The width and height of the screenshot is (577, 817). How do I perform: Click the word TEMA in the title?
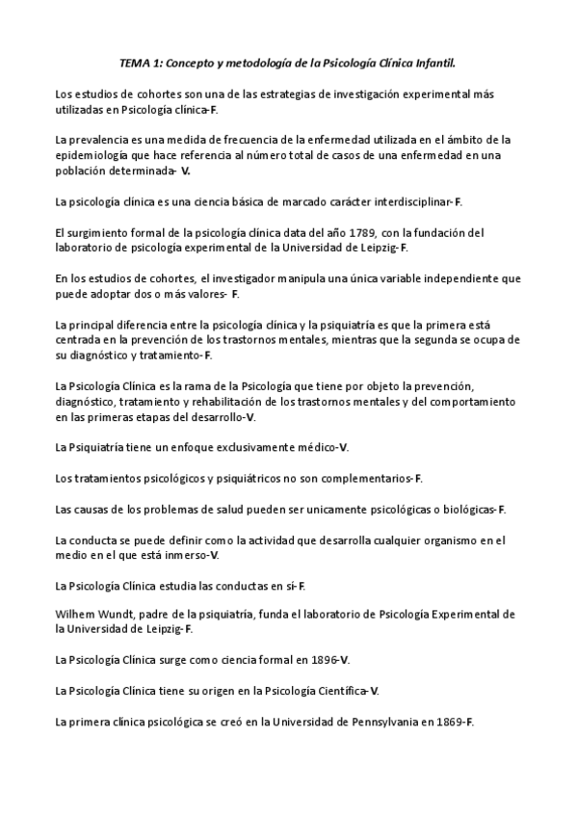(x=135, y=63)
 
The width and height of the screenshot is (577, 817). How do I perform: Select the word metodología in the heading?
(x=261, y=63)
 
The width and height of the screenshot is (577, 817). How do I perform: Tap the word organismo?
(x=419, y=540)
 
